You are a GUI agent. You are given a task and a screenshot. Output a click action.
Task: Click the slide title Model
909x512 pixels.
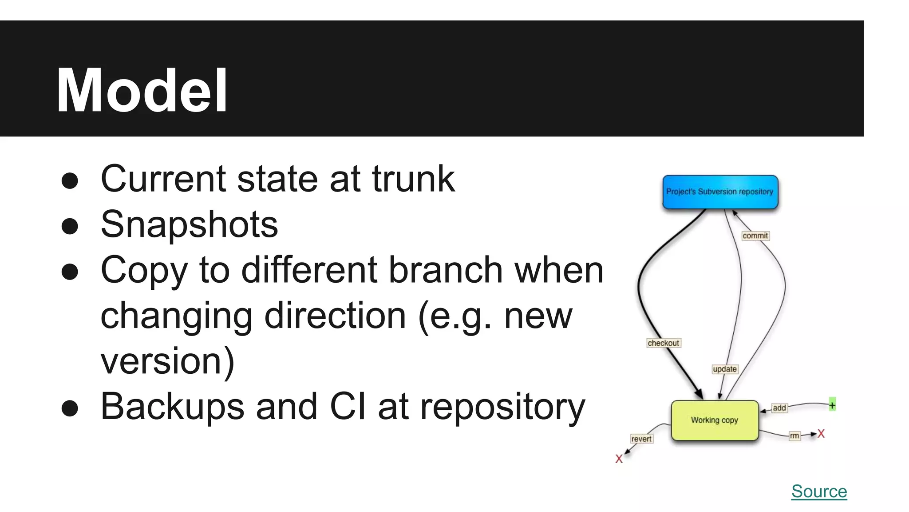[142, 91]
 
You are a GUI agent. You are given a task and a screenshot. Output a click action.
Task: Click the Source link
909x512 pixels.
[819, 491]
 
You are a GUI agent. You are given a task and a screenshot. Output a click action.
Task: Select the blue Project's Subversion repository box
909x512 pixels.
[720, 192]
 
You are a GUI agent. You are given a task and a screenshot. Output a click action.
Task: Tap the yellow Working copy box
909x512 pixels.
[715, 420]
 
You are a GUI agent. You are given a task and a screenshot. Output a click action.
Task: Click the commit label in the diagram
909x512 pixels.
[755, 236]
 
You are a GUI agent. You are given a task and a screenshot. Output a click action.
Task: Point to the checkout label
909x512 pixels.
[663, 343]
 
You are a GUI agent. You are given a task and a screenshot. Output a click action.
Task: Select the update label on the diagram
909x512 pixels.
[725, 369]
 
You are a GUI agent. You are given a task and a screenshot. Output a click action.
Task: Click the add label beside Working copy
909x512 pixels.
[779, 408]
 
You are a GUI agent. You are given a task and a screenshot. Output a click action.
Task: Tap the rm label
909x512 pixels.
[794, 436]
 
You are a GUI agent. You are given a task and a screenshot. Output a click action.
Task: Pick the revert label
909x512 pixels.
[641, 439]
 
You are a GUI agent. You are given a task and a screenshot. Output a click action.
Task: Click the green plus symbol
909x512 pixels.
[832, 404]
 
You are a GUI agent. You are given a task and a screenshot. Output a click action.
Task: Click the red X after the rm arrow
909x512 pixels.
[821, 434]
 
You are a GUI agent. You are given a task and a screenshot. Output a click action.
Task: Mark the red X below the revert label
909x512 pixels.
[619, 459]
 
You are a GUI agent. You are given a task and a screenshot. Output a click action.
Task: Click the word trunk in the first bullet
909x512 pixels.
[413, 179]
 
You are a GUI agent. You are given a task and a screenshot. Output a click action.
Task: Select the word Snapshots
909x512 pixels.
[190, 224]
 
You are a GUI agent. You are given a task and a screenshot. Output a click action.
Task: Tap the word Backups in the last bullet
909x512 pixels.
[172, 406]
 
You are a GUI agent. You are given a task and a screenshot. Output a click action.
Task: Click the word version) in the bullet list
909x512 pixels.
[167, 361]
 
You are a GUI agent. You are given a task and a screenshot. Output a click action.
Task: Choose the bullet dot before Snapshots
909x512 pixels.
[70, 226]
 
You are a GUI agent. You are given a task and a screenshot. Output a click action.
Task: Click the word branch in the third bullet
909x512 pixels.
[446, 270]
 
